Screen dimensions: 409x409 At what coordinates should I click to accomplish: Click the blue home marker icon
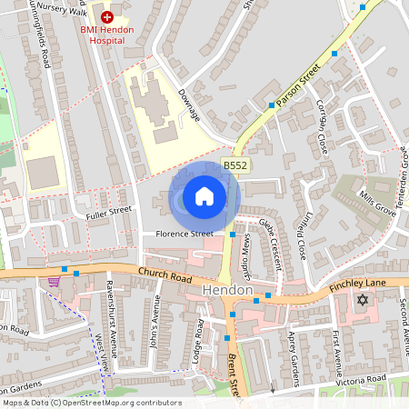click(x=204, y=196)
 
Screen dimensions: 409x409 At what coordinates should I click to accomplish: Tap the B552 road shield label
click(x=235, y=165)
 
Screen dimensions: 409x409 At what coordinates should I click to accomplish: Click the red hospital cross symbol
click(x=107, y=16)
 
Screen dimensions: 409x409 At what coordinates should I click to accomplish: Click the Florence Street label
click(x=183, y=234)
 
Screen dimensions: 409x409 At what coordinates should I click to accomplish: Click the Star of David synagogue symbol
click(x=363, y=299)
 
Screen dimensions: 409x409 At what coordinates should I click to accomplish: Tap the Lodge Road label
click(x=198, y=343)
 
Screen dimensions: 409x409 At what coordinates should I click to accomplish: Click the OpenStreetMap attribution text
click(x=91, y=403)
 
